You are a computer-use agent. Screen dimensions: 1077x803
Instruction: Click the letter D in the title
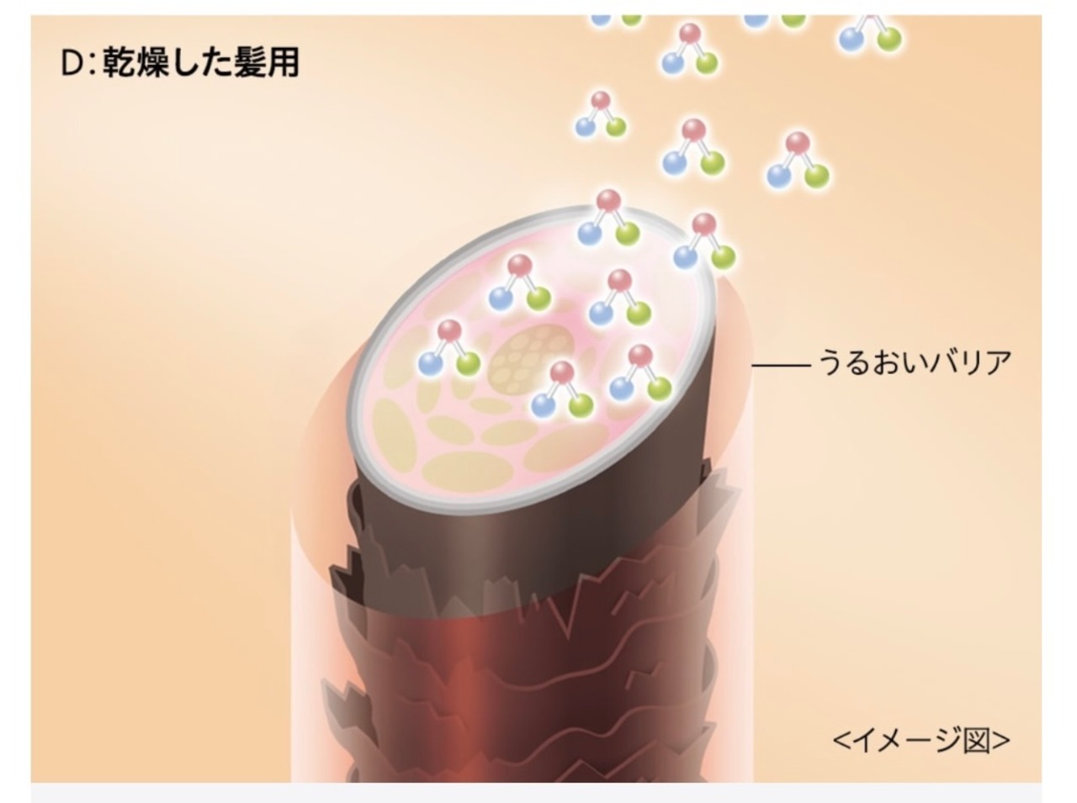click(71, 63)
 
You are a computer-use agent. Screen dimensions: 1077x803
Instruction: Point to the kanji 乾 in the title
click(119, 63)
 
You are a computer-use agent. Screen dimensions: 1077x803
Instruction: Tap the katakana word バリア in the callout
click(968, 363)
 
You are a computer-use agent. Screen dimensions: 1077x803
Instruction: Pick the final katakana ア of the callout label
click(998, 363)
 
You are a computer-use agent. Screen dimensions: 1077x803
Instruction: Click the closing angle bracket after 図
click(1001, 740)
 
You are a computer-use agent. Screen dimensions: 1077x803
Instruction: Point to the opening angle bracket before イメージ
click(841, 740)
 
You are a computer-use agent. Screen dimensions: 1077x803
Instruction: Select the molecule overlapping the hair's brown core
click(561, 390)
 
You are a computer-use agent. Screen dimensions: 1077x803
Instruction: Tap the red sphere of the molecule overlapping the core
click(561, 372)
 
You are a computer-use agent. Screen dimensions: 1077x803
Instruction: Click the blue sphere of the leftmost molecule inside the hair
click(430, 363)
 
